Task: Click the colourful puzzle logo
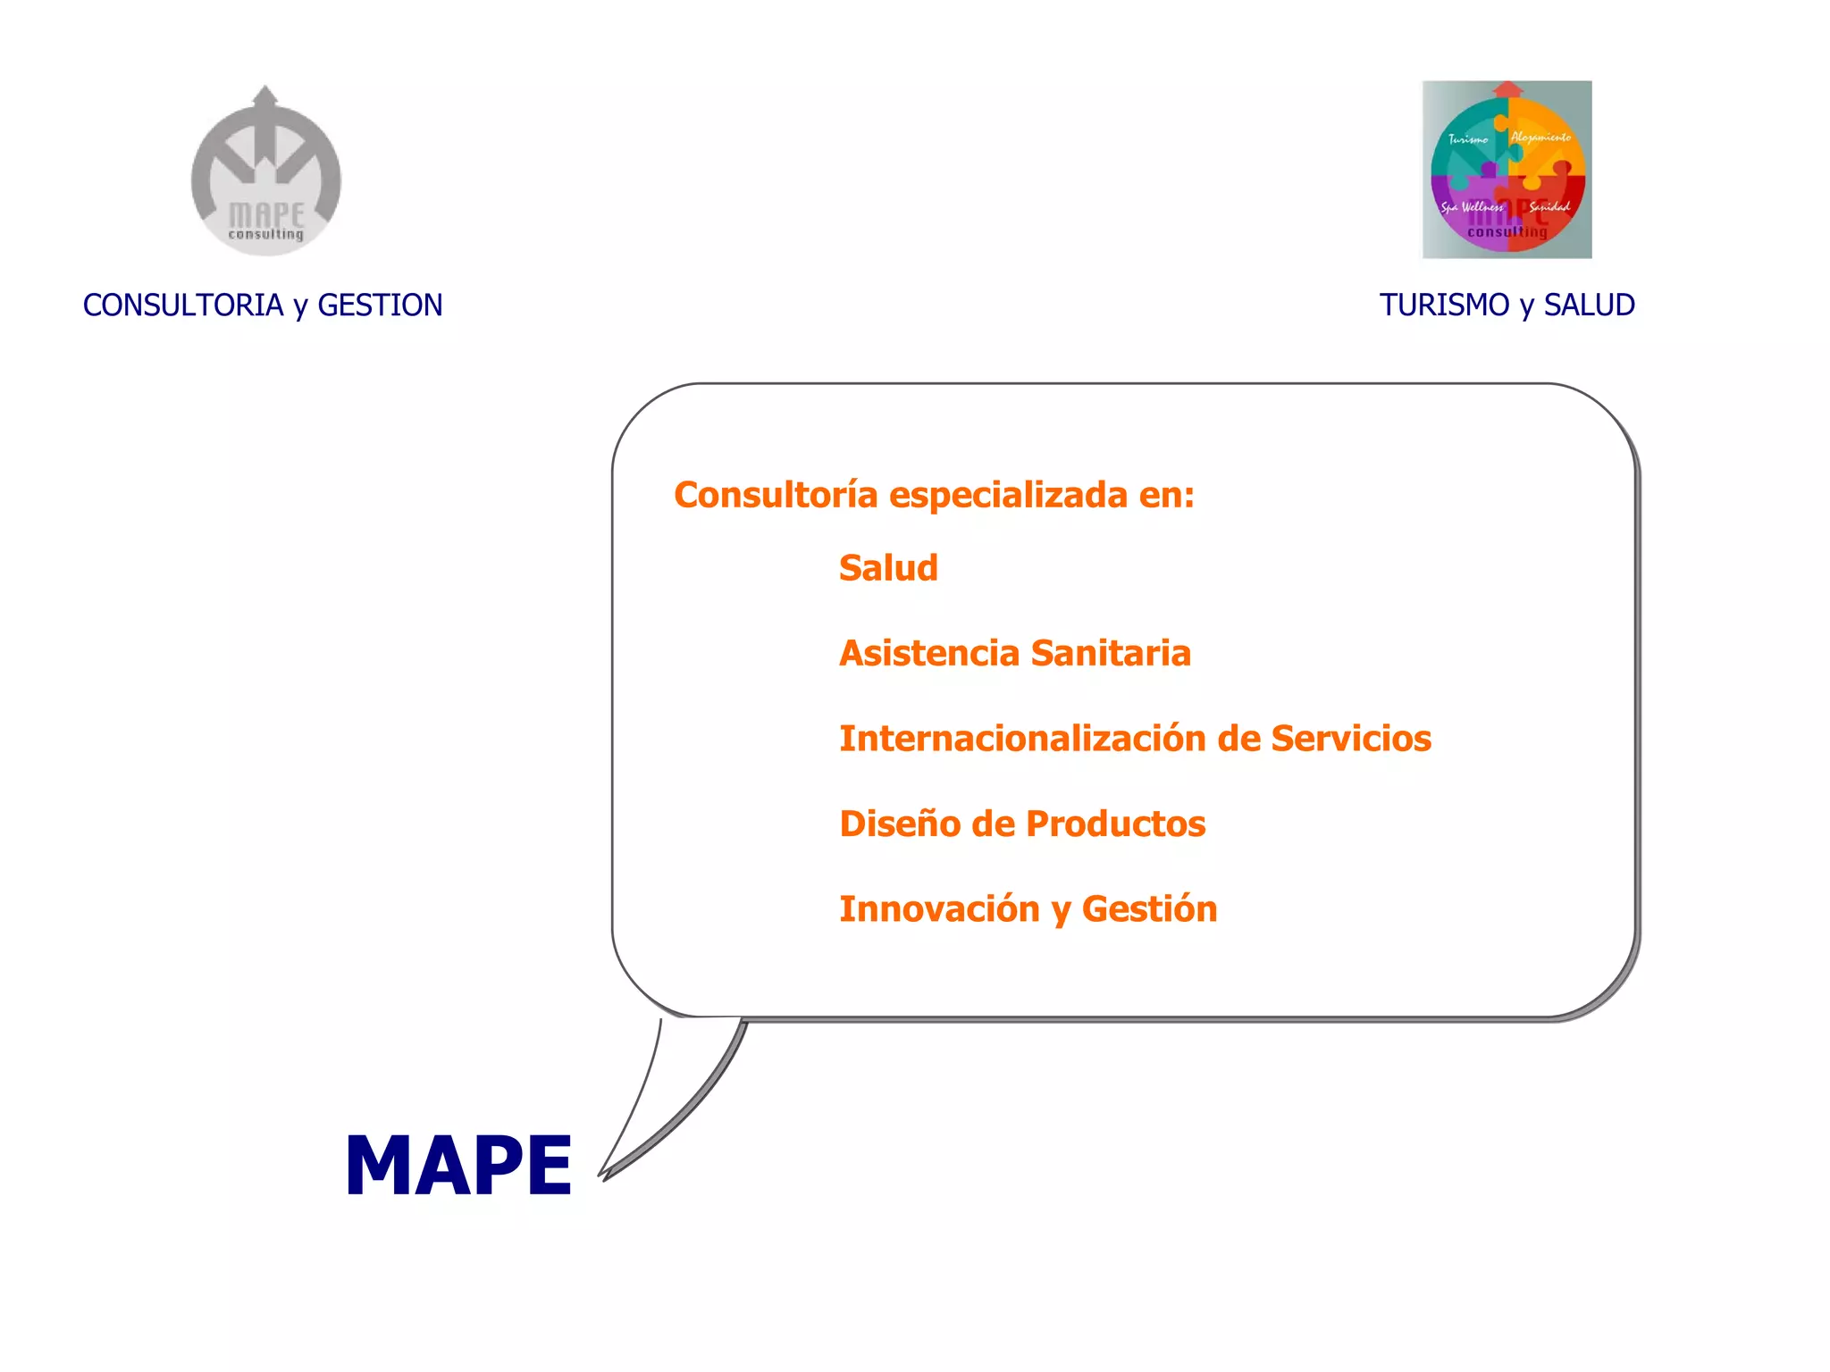point(1507,170)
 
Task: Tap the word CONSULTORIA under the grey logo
point(182,305)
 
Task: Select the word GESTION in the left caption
point(380,305)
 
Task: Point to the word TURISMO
point(1444,305)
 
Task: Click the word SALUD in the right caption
point(1589,305)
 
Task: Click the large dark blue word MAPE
point(458,1165)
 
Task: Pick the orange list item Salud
point(888,568)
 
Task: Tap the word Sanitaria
point(1110,653)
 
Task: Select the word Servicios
point(1350,739)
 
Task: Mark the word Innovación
point(939,909)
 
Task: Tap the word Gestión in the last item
point(1149,909)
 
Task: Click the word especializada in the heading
point(1008,495)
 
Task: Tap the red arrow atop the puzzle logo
point(1508,88)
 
